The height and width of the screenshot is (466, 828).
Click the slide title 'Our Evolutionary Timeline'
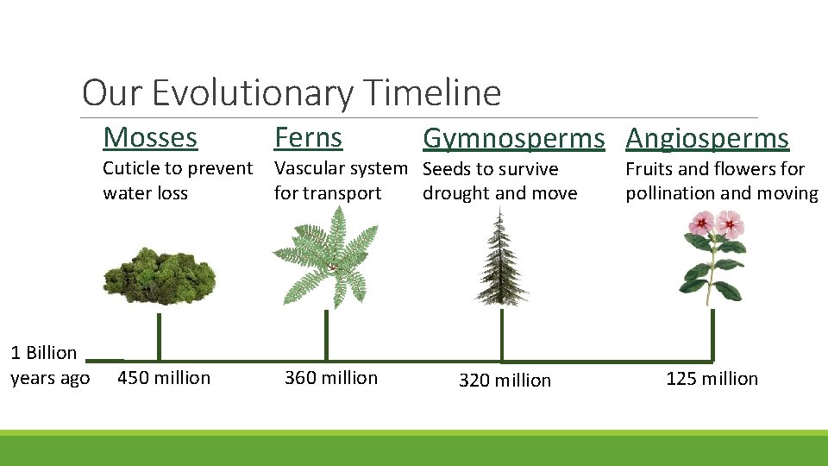(291, 92)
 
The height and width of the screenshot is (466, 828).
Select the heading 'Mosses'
(150, 137)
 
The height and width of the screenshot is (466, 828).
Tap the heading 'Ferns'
(308, 137)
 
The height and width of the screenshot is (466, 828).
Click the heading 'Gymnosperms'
(513, 138)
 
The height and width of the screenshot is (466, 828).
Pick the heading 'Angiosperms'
(707, 138)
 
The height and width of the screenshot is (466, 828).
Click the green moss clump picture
(160, 274)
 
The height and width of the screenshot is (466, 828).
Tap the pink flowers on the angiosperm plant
(715, 226)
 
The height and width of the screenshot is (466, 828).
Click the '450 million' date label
(164, 378)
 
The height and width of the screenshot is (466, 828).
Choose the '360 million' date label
(331, 378)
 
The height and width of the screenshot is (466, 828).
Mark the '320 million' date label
(505, 381)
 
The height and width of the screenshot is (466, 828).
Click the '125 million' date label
(712, 379)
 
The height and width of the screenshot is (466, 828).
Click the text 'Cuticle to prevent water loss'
(177, 180)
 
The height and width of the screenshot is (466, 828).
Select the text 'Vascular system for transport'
(340, 180)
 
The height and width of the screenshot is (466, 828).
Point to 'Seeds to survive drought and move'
(499, 181)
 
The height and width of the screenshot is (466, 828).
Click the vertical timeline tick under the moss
(159, 337)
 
